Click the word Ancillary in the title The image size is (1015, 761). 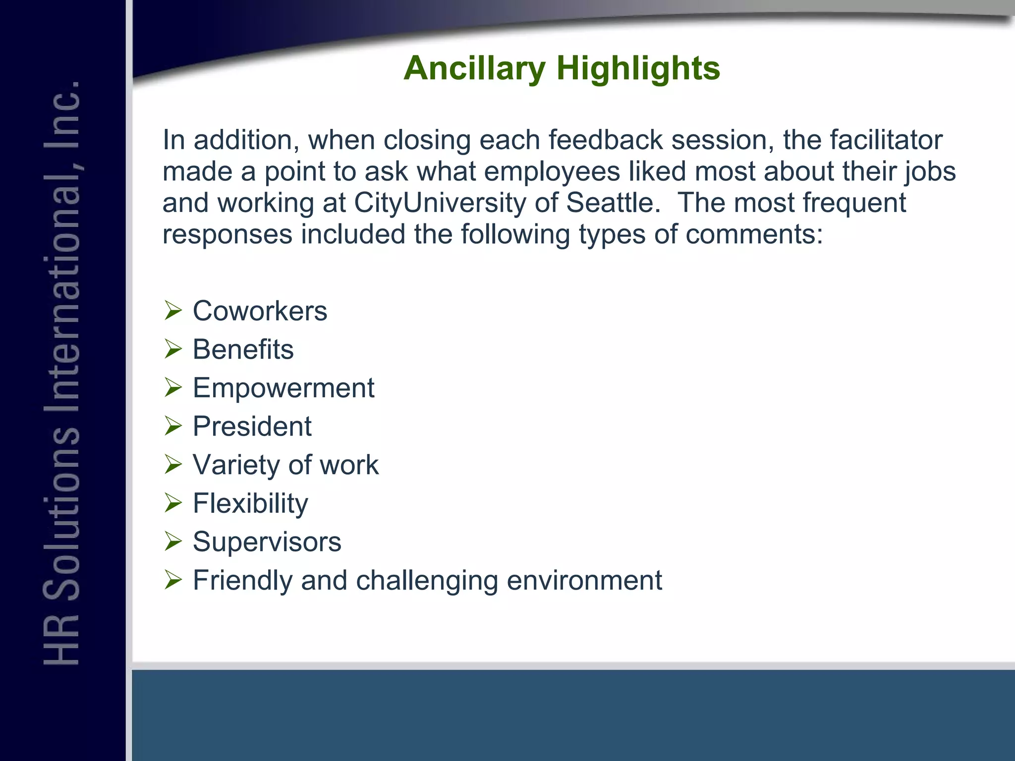tap(474, 68)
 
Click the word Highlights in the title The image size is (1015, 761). tap(638, 68)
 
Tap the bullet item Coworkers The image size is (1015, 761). tap(260, 311)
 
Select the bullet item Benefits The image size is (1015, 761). tap(243, 349)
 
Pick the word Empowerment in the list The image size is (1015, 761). tap(283, 387)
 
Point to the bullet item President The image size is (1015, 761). tap(252, 426)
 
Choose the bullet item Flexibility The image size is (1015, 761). tap(250, 503)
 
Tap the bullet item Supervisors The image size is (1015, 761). tap(267, 542)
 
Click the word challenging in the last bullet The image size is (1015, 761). tap(427, 580)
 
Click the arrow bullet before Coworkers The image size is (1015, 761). tap(173, 311)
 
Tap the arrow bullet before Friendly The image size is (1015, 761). tap(173, 580)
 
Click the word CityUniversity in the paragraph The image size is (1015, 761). tap(439, 203)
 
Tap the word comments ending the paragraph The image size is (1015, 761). tap(753, 234)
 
